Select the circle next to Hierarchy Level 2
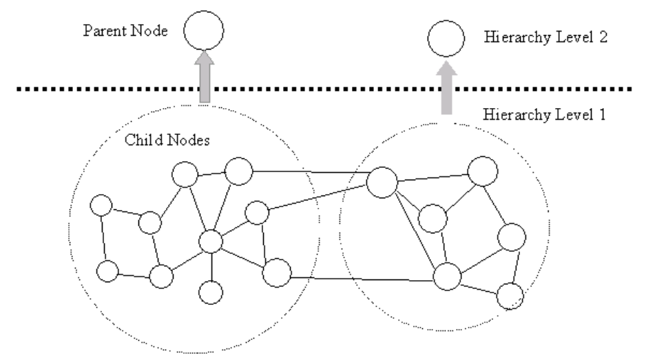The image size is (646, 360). [444, 40]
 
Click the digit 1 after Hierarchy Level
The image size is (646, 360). [601, 114]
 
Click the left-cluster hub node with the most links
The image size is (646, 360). [211, 242]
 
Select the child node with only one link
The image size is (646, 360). [211, 292]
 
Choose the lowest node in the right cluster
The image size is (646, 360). [510, 297]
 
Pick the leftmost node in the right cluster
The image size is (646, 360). [382, 182]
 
